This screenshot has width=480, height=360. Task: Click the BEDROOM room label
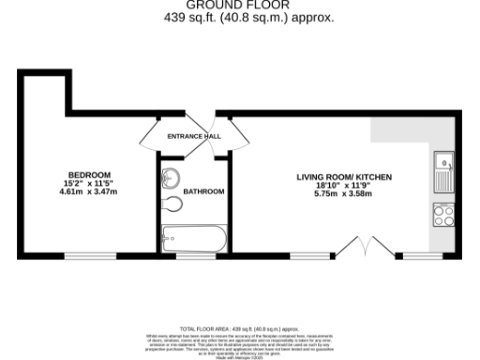88,173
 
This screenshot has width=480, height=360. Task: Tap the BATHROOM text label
203,191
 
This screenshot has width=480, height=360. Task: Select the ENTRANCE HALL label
193,137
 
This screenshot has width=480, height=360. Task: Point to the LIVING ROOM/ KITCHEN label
344,176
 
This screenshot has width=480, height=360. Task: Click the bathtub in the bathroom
192,238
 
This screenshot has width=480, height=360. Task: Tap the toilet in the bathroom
172,204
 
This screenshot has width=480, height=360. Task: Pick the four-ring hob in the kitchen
442,216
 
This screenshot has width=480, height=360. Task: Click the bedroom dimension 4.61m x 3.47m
88,191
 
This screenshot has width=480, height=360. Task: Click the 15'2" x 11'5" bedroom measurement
88,183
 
